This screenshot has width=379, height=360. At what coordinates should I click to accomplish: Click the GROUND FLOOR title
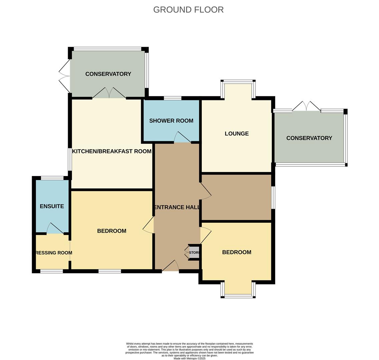click(188, 10)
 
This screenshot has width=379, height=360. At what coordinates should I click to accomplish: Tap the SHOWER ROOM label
click(171, 121)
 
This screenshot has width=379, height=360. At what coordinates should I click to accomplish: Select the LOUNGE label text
click(237, 134)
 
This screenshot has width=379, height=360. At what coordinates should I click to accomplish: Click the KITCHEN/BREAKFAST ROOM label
click(112, 151)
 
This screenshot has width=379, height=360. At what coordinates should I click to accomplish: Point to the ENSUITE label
click(52, 206)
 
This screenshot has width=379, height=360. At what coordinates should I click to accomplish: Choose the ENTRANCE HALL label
click(177, 207)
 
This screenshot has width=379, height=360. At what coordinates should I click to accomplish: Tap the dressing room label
click(53, 253)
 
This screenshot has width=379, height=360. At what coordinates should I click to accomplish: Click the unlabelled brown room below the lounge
click(236, 197)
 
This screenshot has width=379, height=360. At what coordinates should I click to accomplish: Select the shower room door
click(182, 138)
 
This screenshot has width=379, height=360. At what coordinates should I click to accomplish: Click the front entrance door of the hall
click(170, 266)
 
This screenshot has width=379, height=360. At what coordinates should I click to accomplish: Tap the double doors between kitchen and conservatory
click(109, 93)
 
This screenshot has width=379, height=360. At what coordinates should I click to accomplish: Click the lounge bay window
click(238, 82)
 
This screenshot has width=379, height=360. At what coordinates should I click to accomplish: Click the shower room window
click(172, 98)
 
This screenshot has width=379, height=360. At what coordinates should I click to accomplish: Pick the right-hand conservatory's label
click(309, 138)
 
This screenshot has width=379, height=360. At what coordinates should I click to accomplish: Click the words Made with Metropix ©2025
click(190, 358)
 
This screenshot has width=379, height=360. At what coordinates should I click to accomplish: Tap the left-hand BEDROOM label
click(111, 231)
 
